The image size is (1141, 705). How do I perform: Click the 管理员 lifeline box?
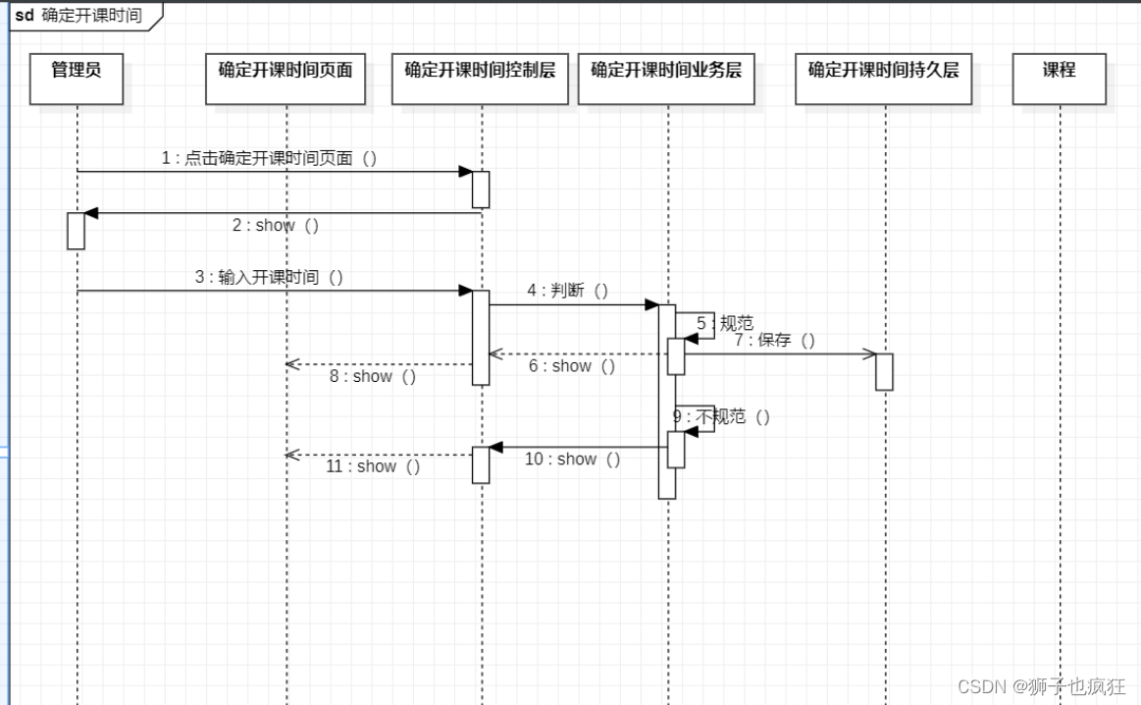[77, 79]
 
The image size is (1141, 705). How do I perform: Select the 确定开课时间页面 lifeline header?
[285, 79]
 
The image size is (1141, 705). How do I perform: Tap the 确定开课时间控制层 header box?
[480, 79]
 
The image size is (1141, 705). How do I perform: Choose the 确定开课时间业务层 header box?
[666, 79]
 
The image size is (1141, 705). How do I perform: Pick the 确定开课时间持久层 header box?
[883, 79]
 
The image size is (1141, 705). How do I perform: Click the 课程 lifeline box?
[1060, 79]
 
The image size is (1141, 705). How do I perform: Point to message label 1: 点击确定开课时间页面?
[269, 158]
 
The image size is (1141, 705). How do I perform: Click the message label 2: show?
[276, 226]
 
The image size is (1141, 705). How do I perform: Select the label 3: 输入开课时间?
[269, 278]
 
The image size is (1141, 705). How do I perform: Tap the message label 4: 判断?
[568, 291]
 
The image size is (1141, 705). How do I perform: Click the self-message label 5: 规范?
[726, 323]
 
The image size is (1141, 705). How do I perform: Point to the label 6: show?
[572, 366]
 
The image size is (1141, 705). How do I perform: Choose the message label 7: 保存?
[775, 341]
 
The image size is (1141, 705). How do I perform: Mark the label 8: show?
[373, 377]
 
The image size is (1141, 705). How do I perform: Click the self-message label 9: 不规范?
[721, 417]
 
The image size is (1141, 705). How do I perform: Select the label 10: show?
[573, 460]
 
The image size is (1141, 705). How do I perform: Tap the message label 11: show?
[373, 467]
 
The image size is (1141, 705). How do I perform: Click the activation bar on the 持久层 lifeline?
[884, 371]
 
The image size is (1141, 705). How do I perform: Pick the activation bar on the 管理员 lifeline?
[76, 231]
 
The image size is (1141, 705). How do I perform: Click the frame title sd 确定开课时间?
[78, 16]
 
